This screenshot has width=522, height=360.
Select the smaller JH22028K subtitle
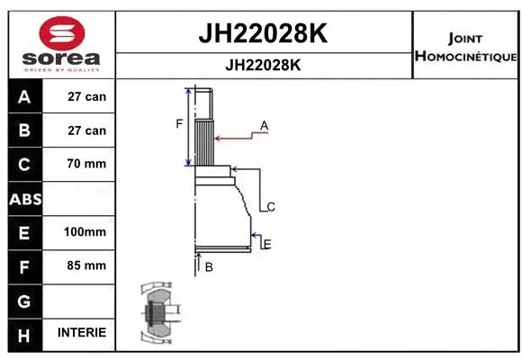262,66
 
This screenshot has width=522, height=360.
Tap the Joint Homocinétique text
465,48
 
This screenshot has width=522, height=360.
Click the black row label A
24,96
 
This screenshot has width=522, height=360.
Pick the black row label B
24,130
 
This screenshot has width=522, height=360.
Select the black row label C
24,165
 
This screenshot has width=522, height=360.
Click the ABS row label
24,199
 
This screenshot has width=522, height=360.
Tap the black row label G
24,300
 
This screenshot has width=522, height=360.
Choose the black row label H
24,333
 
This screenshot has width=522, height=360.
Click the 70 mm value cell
85,164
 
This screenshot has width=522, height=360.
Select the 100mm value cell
85,232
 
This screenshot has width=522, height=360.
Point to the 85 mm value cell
85,265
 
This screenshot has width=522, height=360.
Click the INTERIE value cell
82,333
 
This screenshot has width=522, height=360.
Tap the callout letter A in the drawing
265,124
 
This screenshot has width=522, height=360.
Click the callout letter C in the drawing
270,207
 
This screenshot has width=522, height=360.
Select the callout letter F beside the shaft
179,123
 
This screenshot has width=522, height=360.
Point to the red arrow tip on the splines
215,139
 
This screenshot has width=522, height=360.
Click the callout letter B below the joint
208,267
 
